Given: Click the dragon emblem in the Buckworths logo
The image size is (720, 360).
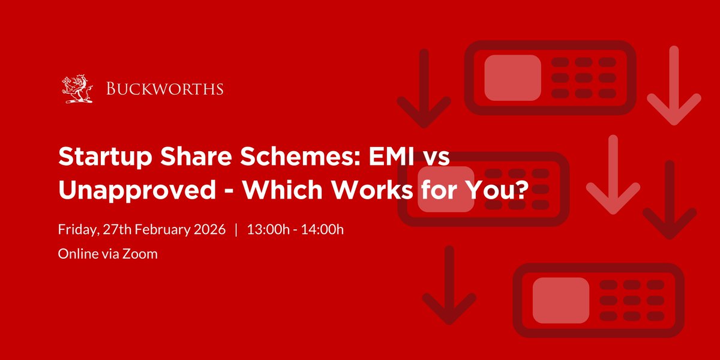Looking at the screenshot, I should click(x=77, y=89).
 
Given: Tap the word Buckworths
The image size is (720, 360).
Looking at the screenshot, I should click(x=165, y=89).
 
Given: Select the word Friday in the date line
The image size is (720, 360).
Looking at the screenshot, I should click(x=76, y=230).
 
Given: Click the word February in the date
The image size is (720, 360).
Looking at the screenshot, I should click(x=160, y=230).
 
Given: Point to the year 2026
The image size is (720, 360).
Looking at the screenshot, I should click(x=210, y=230).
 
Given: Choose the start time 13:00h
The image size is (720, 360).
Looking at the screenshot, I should click(x=267, y=230).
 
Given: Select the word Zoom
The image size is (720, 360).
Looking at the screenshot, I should click(x=142, y=254).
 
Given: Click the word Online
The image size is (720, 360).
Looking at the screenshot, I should click(x=76, y=254).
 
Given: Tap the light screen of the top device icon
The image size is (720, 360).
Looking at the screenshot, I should click(x=512, y=77).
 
